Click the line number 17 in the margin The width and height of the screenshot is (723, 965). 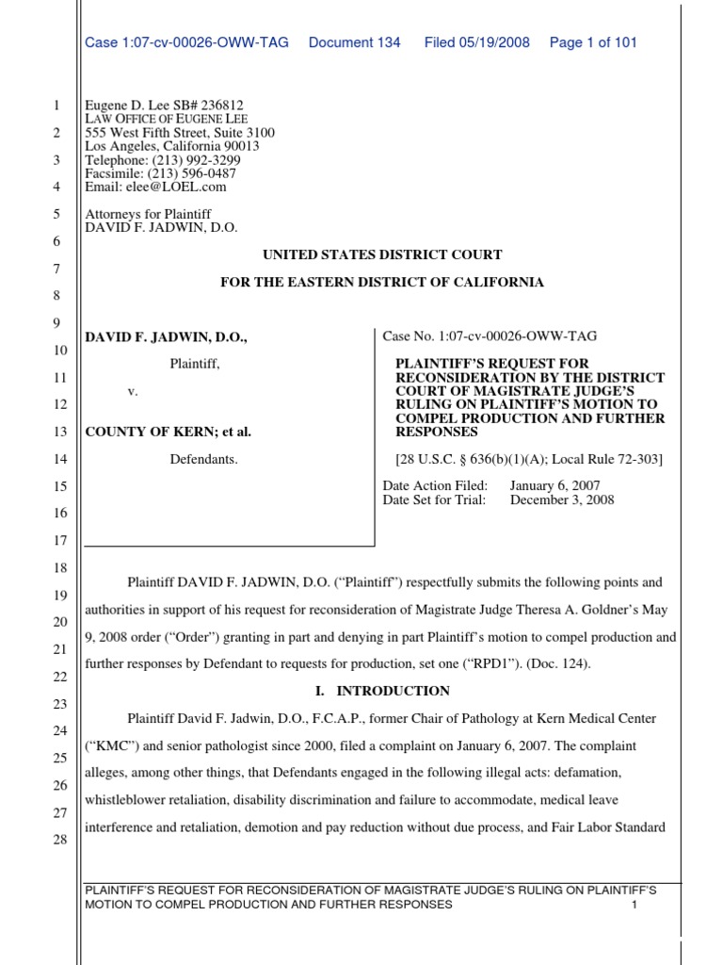[56, 541]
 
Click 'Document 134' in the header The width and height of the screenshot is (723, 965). [354, 42]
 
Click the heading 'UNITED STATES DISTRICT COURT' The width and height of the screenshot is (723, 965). [382, 254]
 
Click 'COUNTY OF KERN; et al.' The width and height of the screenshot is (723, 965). [169, 432]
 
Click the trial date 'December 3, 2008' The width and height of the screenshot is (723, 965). [562, 499]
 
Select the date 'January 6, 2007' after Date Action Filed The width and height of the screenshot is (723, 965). [554, 485]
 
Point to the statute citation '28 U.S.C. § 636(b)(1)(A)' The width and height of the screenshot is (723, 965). [484, 460]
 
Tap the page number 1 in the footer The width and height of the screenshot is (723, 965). [635, 905]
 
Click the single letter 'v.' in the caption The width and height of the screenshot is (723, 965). [133, 390]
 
